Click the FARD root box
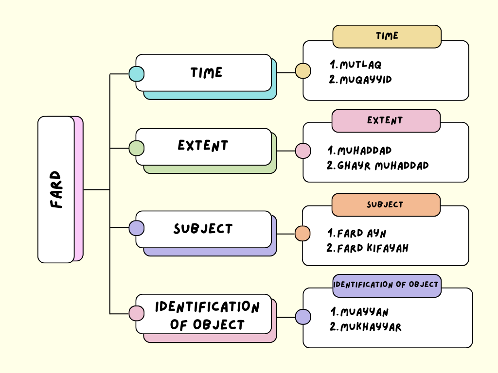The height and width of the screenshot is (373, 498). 56,189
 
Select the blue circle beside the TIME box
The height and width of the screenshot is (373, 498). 136,74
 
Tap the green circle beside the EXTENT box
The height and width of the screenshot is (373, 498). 136,148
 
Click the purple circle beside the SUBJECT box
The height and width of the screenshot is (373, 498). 136,228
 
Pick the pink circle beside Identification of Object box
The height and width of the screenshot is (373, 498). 136,313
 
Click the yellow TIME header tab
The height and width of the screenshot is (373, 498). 387,36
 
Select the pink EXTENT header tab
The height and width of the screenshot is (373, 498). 386,120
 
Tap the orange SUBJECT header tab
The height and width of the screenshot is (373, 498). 386,204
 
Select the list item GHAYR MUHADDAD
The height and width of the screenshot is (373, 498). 378,166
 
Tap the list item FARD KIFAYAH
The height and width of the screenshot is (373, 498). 368,248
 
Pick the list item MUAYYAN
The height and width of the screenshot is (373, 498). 360,312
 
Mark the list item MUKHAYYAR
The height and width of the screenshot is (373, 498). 366,327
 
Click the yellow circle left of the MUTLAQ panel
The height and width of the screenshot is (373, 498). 303,71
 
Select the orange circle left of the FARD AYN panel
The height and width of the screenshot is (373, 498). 302,233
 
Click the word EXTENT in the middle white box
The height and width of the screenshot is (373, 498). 203,146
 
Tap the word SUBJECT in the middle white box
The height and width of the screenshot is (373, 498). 203,229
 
